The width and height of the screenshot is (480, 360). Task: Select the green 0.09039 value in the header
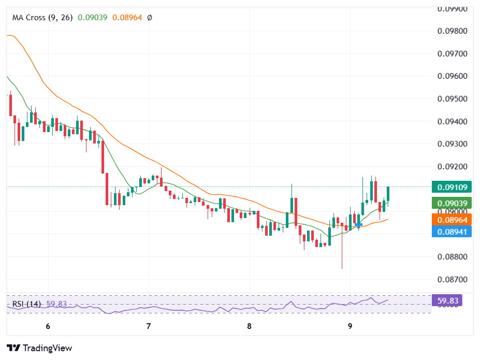(x=93, y=18)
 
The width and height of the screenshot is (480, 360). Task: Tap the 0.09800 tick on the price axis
(x=452, y=31)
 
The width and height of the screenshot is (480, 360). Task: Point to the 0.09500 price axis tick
(x=452, y=99)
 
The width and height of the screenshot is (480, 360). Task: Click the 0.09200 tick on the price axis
(x=452, y=167)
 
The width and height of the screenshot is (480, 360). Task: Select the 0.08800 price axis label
(x=452, y=257)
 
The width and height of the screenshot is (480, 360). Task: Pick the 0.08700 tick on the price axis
(x=452, y=280)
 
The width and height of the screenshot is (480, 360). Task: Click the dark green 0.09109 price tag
(x=452, y=188)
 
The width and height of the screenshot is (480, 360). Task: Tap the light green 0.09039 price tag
(x=452, y=204)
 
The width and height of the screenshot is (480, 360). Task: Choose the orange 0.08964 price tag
(x=452, y=220)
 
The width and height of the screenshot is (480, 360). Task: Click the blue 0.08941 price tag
(x=452, y=232)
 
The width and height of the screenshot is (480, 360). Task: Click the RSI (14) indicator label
(x=26, y=304)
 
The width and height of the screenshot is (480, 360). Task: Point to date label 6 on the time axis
(x=48, y=326)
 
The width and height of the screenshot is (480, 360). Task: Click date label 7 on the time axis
(x=149, y=326)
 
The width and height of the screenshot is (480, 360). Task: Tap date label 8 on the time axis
(x=249, y=326)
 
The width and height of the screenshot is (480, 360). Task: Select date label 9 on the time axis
(x=350, y=326)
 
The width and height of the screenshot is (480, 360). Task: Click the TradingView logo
(x=39, y=348)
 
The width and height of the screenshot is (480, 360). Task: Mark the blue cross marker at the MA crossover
(x=358, y=225)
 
